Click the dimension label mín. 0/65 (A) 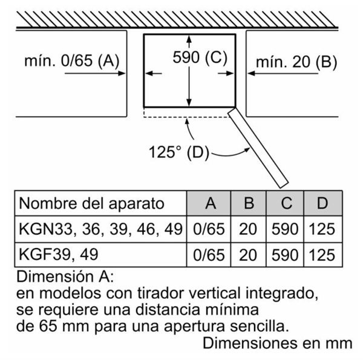click(x=71, y=61)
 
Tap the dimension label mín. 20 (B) click(x=296, y=62)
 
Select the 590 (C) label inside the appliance click(x=200, y=57)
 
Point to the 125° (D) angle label click(x=178, y=152)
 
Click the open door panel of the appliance click(x=258, y=148)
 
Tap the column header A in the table click(x=211, y=203)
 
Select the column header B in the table click(x=249, y=203)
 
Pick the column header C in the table click(x=286, y=203)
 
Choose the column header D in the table click(x=322, y=203)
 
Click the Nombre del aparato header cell click(x=92, y=203)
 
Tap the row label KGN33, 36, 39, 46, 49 click(x=100, y=229)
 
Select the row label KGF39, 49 click(x=58, y=254)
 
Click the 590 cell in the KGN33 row click(x=285, y=229)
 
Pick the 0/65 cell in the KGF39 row click(x=209, y=255)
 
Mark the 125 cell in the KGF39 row click(x=322, y=255)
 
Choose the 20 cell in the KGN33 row click(x=247, y=229)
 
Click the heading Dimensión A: click(x=65, y=277)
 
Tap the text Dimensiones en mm click(x=278, y=343)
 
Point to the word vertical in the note click(x=214, y=293)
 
